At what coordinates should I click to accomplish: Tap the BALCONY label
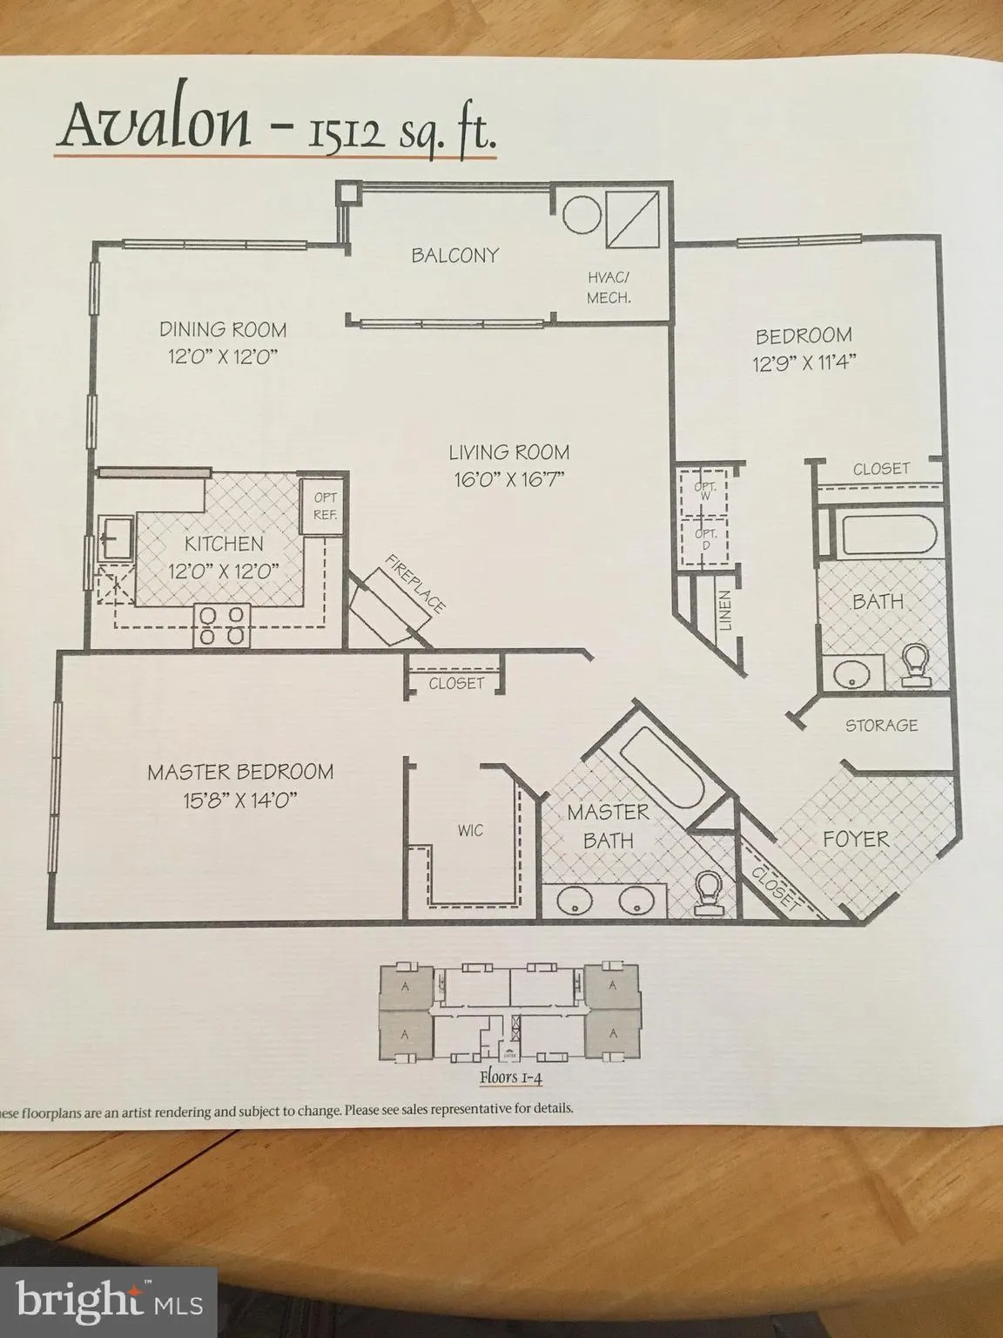[454, 255]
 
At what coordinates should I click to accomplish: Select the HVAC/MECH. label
[609, 287]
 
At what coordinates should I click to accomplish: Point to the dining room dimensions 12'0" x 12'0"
[223, 356]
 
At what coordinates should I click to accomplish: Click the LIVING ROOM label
[508, 452]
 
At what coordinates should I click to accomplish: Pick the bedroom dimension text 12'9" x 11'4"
[804, 362]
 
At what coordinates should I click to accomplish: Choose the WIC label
[469, 830]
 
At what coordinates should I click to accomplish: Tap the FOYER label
[857, 839]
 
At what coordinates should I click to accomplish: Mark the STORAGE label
[881, 725]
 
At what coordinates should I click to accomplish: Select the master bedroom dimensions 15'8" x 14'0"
[240, 799]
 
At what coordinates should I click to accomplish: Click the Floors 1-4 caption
[510, 1078]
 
